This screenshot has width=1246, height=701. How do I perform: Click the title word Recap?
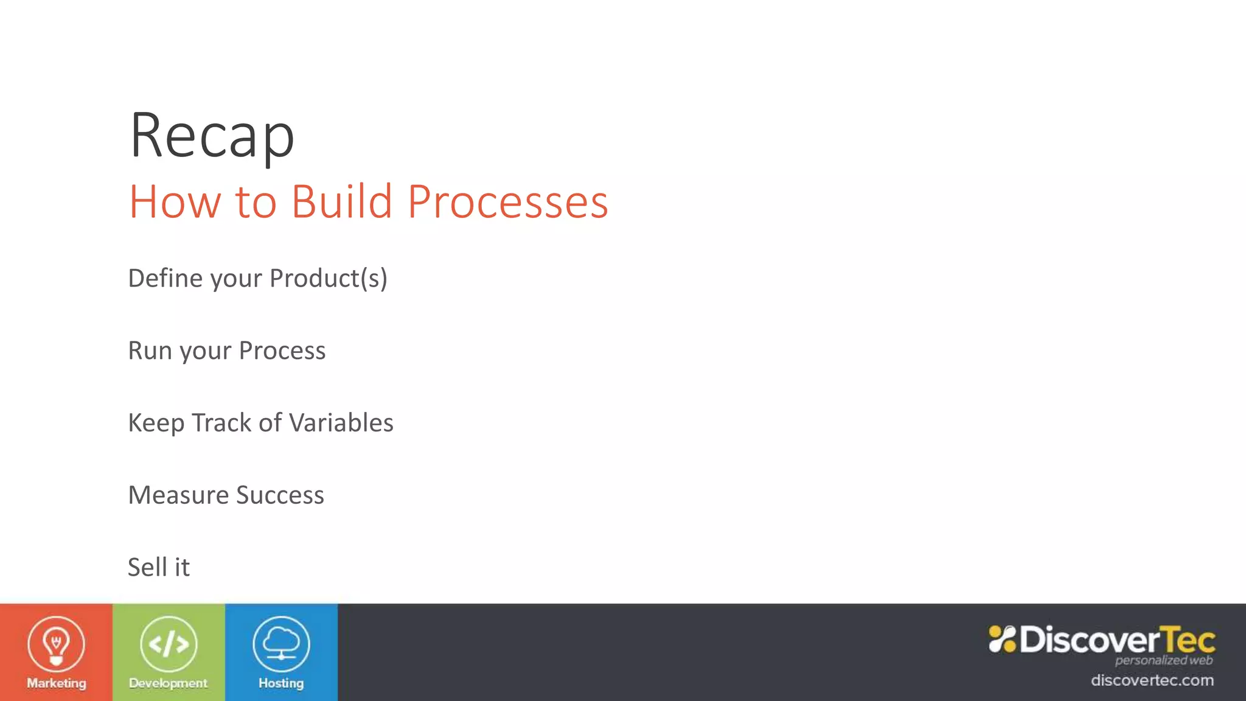pyautogui.click(x=212, y=136)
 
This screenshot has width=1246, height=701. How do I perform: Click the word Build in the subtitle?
pyautogui.click(x=341, y=201)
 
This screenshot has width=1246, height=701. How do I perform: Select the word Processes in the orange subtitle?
pyautogui.click(x=507, y=201)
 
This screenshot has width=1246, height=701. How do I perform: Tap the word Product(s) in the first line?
pyautogui.click(x=328, y=278)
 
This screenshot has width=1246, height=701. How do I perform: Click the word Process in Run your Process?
pyautogui.click(x=282, y=350)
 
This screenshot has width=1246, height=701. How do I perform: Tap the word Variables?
pyautogui.click(x=342, y=423)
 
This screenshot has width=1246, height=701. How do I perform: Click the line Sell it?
pyautogui.click(x=159, y=567)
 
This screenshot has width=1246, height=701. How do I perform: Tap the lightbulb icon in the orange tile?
pyautogui.click(x=56, y=644)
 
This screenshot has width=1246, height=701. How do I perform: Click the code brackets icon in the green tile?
pyautogui.click(x=169, y=644)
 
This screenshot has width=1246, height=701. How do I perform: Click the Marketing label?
pyautogui.click(x=56, y=683)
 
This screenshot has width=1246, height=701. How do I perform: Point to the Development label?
pyautogui.click(x=169, y=683)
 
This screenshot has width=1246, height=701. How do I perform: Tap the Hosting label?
pyautogui.click(x=281, y=683)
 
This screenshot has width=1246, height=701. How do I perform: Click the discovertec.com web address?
pyautogui.click(x=1152, y=680)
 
